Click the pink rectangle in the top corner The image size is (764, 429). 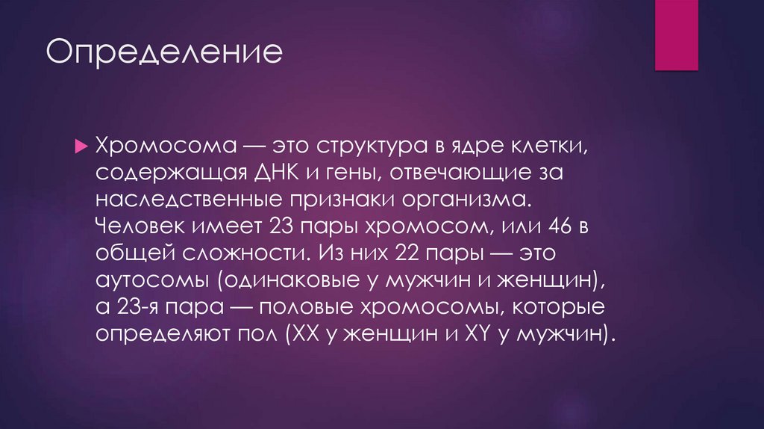click(x=676, y=35)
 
